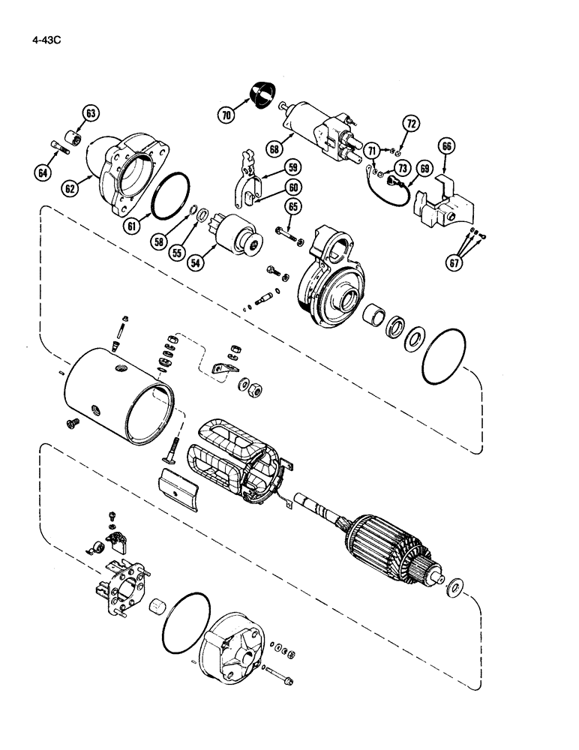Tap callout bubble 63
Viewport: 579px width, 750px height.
91,113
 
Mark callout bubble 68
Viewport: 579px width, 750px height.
275,149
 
